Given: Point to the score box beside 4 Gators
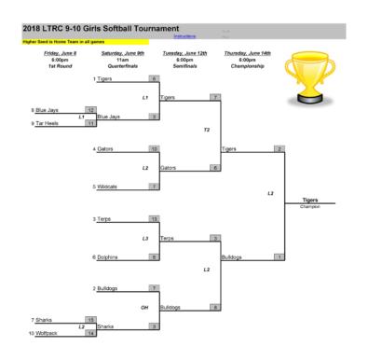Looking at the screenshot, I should point(153,148).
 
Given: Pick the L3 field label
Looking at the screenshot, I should point(144,238).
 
